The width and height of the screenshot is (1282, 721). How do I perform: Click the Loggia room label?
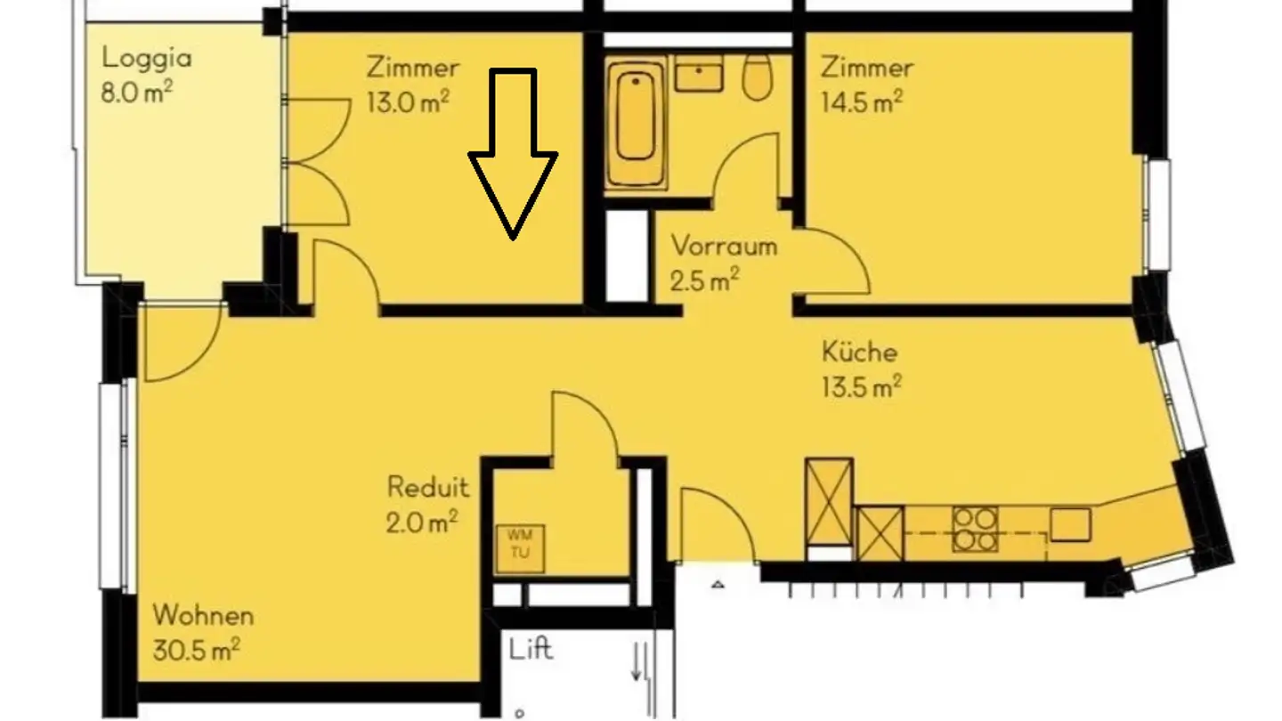(x=146, y=59)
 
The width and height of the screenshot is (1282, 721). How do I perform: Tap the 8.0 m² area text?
(x=135, y=93)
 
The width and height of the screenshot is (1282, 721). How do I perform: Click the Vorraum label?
(x=723, y=246)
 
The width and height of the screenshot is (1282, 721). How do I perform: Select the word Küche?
(x=858, y=352)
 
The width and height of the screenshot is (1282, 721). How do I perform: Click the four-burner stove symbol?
(x=974, y=530)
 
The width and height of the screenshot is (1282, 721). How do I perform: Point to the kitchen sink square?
(x=1069, y=525)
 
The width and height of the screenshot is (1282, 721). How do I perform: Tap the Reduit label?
(x=427, y=487)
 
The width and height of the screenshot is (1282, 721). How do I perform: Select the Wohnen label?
(x=203, y=615)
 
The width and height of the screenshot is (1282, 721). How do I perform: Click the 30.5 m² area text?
(x=195, y=651)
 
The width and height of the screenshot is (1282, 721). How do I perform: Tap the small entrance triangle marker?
(x=718, y=585)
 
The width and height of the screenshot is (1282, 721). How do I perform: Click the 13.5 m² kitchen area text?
(x=861, y=387)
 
